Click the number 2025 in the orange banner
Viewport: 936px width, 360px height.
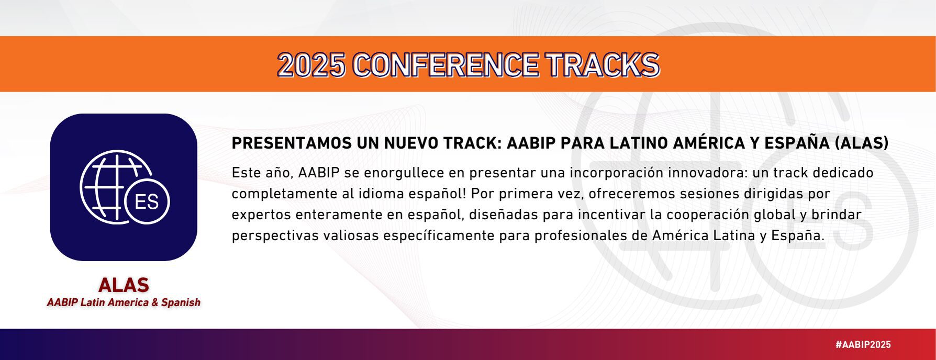click(311, 65)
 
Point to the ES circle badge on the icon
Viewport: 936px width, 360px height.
click(147, 201)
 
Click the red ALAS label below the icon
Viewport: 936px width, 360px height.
click(124, 285)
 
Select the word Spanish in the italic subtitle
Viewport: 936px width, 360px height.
click(181, 302)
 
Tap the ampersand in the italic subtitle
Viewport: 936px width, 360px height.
click(155, 302)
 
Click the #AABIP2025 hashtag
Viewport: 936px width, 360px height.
click(863, 345)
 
